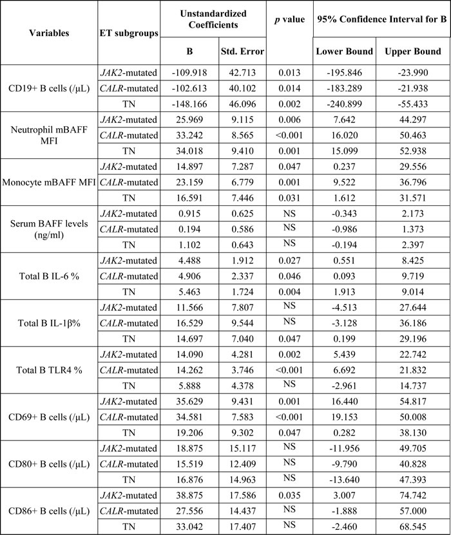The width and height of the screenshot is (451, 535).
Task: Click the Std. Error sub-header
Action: tap(242, 51)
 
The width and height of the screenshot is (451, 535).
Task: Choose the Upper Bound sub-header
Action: tap(412, 51)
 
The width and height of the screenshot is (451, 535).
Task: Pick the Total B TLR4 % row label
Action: tap(48, 371)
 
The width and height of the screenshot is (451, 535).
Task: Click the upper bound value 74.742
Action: tap(412, 493)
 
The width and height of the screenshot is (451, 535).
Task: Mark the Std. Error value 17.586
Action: tap(242, 493)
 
